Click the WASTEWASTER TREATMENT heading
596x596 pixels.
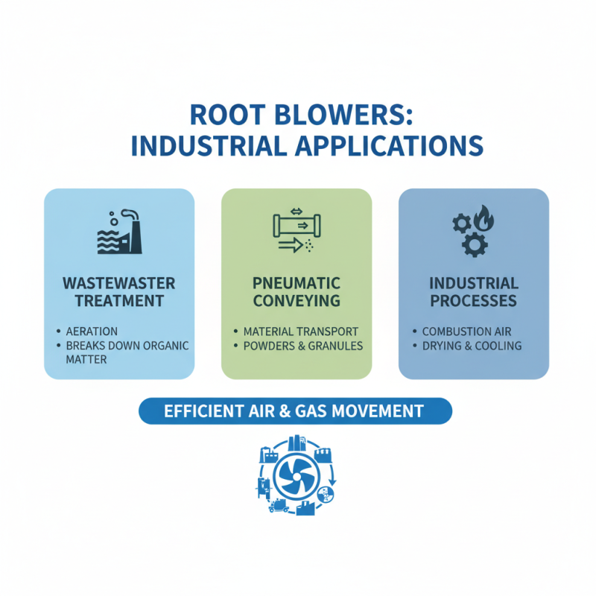tap(119, 293)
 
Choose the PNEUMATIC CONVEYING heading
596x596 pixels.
tap(297, 293)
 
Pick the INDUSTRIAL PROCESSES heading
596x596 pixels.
tap(474, 293)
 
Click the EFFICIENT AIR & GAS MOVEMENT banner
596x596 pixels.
tap(295, 410)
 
